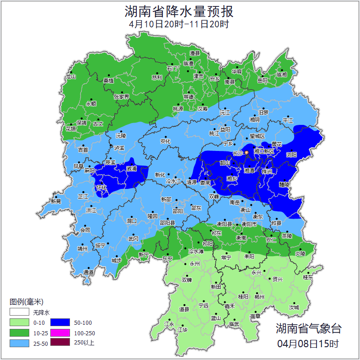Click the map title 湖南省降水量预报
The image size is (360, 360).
[x=179, y=11]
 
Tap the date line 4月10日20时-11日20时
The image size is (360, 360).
[x=179, y=24]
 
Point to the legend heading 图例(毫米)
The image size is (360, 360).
[x=26, y=302]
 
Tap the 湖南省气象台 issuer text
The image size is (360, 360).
[x=308, y=328]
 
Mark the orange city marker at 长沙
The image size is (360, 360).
[x=247, y=152]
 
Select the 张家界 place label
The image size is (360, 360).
[x=121, y=97]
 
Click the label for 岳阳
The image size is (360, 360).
[x=262, y=81]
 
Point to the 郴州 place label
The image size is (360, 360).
[x=259, y=296]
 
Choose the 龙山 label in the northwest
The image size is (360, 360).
[x=70, y=77]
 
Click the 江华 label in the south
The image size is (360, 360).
[x=183, y=330]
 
